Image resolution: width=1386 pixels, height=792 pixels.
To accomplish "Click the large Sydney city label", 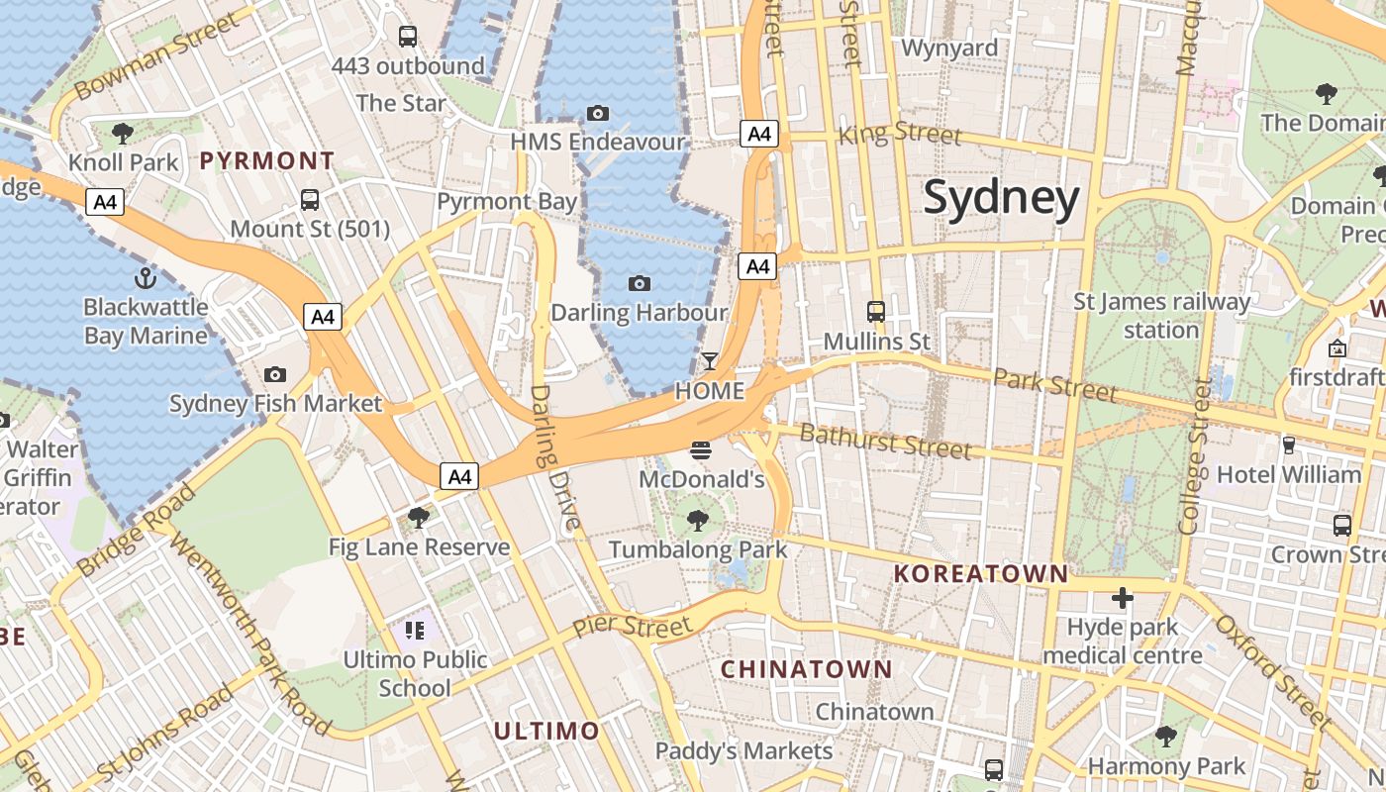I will coord(1001,198).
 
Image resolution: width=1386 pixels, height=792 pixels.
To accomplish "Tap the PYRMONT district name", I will coord(267,160).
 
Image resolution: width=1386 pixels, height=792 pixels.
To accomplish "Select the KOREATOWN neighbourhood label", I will coord(981,573).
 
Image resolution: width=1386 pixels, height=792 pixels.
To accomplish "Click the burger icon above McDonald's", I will coord(702,451).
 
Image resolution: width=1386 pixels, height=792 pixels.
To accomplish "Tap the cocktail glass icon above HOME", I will coord(709,361).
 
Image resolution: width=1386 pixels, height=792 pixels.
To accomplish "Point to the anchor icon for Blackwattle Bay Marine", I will coord(146,277).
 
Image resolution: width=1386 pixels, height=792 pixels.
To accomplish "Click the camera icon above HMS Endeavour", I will coord(597,113).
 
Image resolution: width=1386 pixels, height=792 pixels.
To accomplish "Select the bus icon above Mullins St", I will coord(876,312).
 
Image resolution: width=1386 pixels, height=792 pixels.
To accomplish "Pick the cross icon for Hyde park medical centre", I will coord(1122,598).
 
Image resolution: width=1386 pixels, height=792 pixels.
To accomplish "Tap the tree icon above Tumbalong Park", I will coord(698,520).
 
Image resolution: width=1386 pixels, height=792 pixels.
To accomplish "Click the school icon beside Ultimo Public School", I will coord(414,630).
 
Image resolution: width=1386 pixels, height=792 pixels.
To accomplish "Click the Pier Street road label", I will coord(633,627).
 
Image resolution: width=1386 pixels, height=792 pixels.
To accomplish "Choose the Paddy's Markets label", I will coord(743,751).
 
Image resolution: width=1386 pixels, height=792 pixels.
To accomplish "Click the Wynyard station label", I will coord(949,48).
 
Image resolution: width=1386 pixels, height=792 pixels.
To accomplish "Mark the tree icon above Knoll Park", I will coord(123,133).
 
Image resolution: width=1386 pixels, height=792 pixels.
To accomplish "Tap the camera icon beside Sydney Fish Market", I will coord(275,374).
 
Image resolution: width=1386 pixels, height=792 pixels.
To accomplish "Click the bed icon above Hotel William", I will coord(1288,445).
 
